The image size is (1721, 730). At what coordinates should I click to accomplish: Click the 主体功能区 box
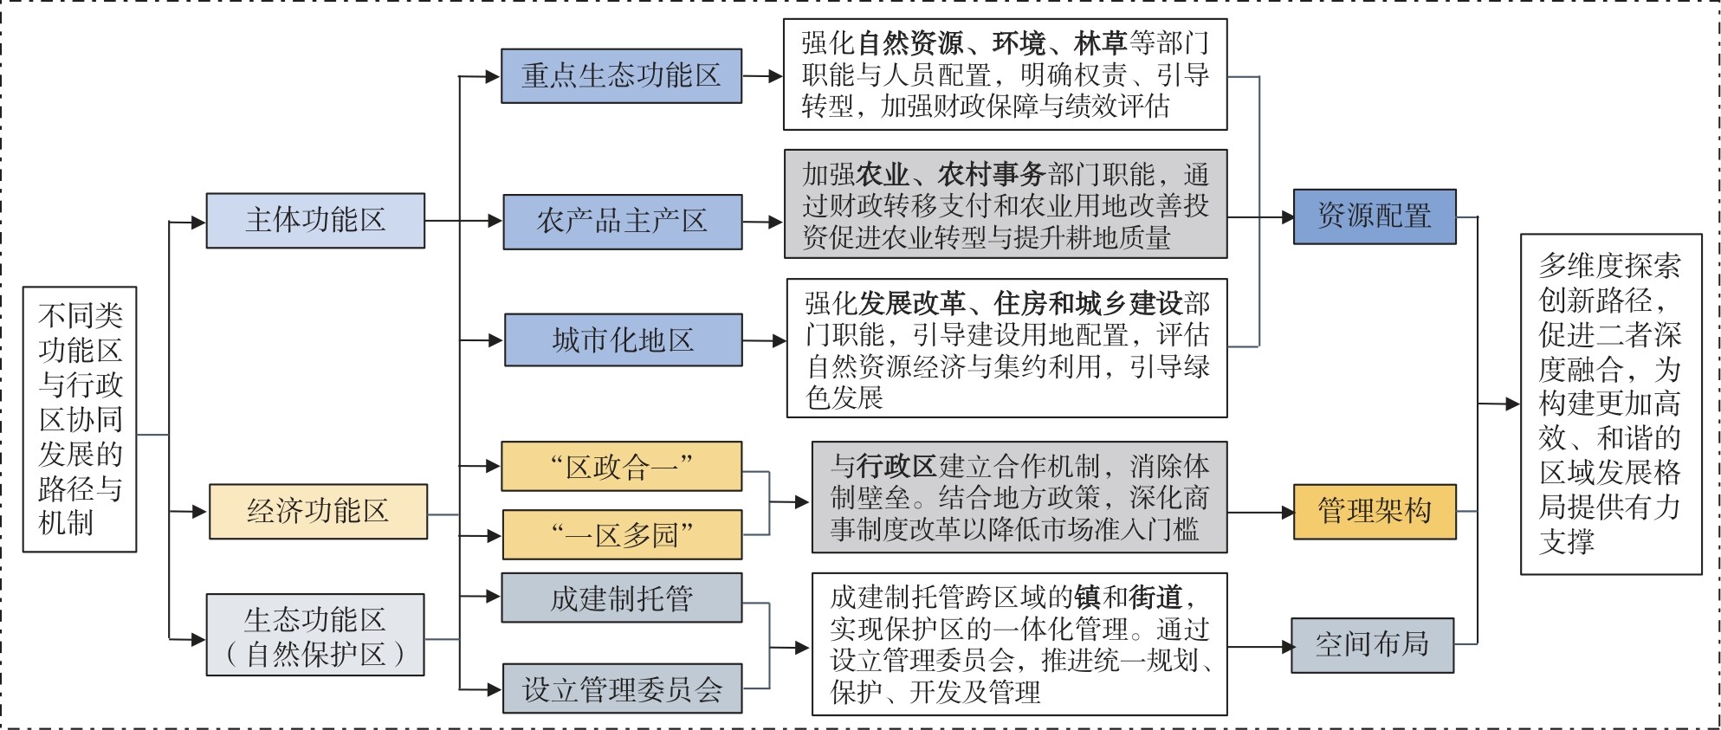(x=315, y=221)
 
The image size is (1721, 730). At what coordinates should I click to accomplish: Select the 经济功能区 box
(x=318, y=512)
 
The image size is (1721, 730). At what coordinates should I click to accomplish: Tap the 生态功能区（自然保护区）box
(x=315, y=635)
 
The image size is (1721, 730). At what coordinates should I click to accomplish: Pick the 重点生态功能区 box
(x=621, y=76)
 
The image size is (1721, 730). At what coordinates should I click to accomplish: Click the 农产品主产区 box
(x=621, y=223)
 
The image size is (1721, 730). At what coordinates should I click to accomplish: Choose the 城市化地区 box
(x=623, y=340)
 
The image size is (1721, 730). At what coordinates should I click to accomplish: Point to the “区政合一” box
(x=621, y=467)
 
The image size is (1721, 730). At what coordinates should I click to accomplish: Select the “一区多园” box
(x=622, y=534)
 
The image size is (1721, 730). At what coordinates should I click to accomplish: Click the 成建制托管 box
(x=621, y=598)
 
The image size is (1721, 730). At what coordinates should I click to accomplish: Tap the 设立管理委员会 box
(x=622, y=689)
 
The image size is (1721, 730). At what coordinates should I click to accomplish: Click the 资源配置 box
(x=1374, y=216)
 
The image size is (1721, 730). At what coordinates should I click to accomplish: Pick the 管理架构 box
(x=1374, y=512)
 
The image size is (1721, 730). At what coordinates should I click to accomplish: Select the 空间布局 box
(x=1372, y=645)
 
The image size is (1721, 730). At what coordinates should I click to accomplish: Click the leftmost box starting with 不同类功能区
(x=80, y=419)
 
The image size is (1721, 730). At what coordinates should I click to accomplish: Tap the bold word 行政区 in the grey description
(x=896, y=467)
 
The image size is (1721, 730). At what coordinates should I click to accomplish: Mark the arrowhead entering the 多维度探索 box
(x=1513, y=404)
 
